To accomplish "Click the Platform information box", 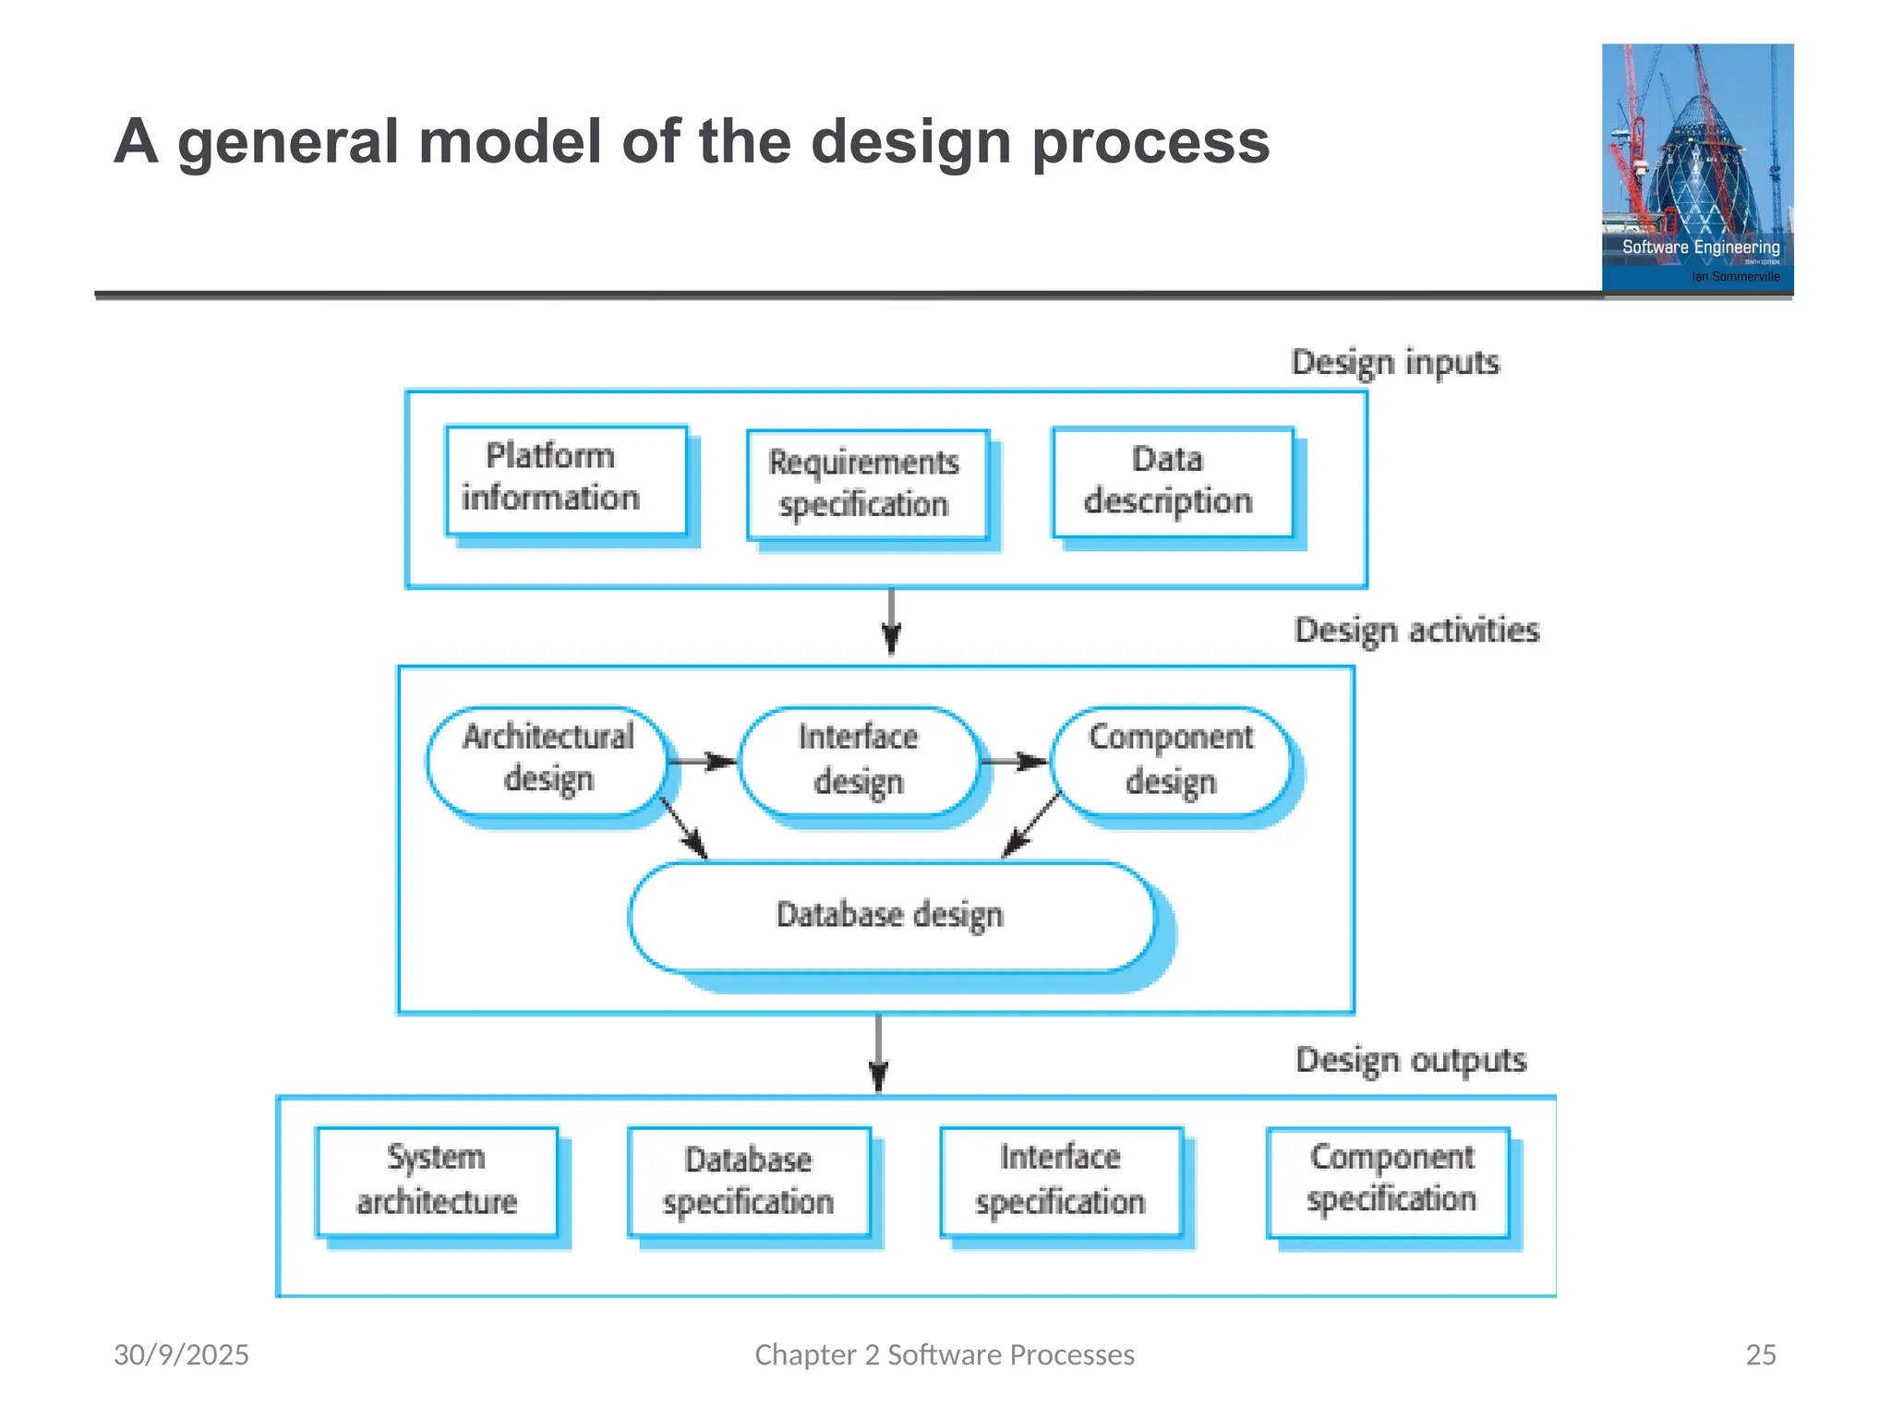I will (566, 479).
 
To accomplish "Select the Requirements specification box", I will (867, 484).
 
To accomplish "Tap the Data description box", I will (1173, 481).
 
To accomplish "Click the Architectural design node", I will (548, 761).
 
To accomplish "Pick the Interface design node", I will (859, 761).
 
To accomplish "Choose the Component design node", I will (1171, 761).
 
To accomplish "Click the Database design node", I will (891, 916).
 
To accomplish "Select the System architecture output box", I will (437, 1181).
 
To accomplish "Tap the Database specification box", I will (749, 1182).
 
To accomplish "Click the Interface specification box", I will (1061, 1181).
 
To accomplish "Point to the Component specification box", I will (1389, 1181).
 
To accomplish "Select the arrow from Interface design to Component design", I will (1015, 762).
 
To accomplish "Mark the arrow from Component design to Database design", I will (1030, 825).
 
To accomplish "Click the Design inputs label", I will (1395, 362).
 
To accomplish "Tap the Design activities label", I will (1416, 631).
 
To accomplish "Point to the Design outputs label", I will (1411, 1060).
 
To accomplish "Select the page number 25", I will (1760, 1354).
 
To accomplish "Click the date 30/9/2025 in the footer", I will (181, 1354).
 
